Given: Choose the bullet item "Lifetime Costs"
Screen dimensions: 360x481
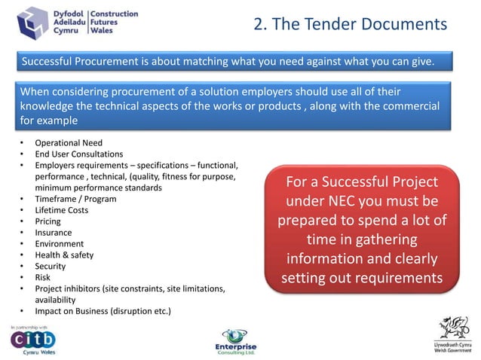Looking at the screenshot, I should tap(62, 210).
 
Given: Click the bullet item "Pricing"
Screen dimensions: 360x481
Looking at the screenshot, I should tap(48, 221).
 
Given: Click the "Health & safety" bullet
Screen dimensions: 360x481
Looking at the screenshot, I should tap(66, 255).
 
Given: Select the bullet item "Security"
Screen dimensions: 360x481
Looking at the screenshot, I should tap(51, 266).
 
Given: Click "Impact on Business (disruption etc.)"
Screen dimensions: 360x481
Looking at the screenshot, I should tap(103, 311).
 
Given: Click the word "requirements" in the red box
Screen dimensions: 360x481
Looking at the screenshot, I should tap(401, 278).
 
